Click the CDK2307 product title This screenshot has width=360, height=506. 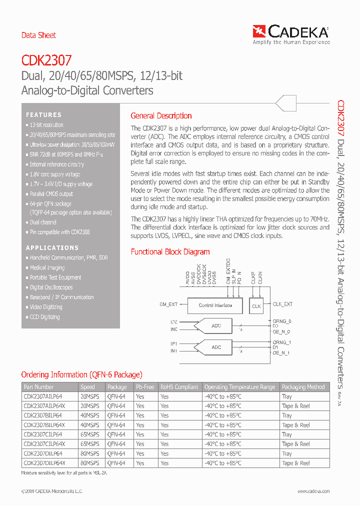(46, 61)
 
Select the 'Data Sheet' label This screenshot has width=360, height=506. (38, 35)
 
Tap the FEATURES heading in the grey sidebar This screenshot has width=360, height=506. (44, 115)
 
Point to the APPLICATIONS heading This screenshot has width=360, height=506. (52, 248)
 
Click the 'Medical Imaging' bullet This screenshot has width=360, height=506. (47, 267)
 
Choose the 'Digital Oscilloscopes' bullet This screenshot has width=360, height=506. (51, 287)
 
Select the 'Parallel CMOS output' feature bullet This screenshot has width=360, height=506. (51, 194)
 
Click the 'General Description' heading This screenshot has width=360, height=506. (161, 116)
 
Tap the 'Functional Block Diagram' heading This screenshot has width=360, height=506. (170, 252)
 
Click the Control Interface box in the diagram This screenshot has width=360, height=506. (215, 305)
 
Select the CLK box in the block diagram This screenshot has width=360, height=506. (256, 306)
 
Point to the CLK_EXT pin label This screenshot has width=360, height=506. (282, 304)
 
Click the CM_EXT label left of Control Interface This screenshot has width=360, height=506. (168, 304)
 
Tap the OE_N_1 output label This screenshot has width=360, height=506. (281, 353)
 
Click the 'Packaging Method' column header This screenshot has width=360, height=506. (303, 387)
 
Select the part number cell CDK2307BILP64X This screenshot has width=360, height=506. (44, 425)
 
